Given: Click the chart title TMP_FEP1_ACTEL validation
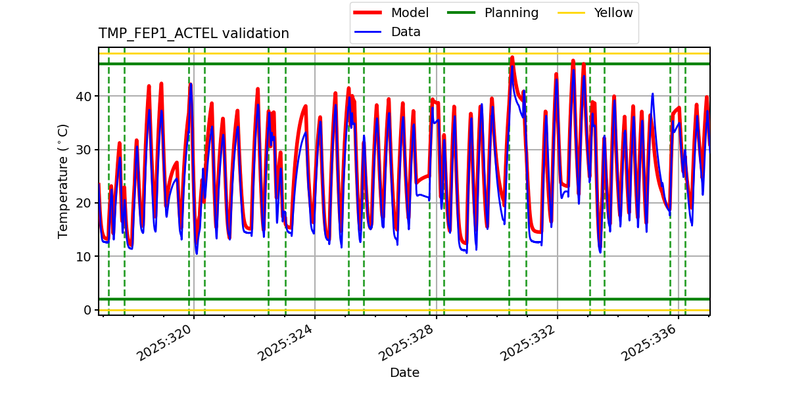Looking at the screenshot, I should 193,33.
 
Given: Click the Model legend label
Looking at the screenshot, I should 410,12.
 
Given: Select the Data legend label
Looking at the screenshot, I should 406,32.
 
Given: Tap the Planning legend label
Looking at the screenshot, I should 511,12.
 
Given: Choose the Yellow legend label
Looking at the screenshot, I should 613,12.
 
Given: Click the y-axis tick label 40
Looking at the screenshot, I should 84,97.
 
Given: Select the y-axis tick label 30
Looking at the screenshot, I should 84,150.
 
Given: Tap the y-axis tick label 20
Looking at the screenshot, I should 84,203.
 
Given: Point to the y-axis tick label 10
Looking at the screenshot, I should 84,256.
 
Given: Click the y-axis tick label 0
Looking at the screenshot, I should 87,310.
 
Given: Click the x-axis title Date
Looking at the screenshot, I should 404,373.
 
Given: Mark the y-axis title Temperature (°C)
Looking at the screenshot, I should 63,181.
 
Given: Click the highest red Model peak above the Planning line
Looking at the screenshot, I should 512,57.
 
